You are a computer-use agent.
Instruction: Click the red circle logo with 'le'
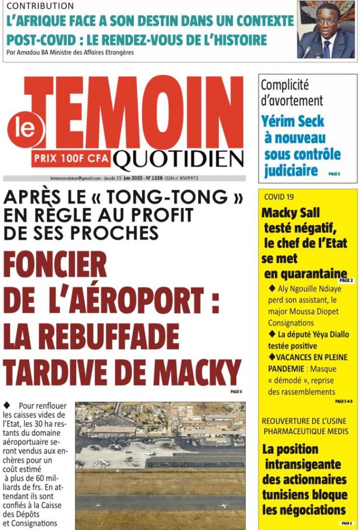point(24,128)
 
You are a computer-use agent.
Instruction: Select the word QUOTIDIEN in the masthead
point(178,160)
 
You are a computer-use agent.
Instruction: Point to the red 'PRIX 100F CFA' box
point(71,158)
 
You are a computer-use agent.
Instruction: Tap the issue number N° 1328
point(155,178)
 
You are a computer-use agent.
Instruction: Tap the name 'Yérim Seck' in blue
point(293,122)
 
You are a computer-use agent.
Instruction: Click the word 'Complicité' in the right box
point(284,85)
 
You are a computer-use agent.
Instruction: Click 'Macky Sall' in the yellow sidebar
point(291,213)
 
